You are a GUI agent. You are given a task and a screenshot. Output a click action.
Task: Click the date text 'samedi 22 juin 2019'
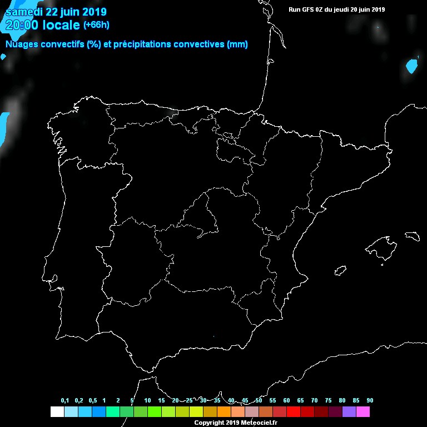56,12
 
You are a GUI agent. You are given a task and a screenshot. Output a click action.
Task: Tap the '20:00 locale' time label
42,24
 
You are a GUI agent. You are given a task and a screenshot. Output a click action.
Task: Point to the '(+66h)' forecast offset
96,24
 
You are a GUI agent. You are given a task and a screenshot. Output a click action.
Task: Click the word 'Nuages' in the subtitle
21,44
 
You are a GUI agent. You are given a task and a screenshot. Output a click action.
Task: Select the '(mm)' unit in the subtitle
237,44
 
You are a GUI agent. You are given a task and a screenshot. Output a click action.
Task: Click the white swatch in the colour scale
57,412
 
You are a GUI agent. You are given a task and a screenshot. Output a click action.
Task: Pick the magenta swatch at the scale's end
363,412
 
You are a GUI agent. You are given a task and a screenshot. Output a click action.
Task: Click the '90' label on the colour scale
370,401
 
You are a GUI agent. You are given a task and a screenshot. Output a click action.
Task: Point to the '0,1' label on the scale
65,401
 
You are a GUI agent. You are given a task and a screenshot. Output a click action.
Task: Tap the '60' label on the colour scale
286,401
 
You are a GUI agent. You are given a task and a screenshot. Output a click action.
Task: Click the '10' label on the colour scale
147,401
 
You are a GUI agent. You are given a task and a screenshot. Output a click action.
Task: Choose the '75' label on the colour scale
328,401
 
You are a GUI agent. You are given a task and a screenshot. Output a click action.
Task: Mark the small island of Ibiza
340,271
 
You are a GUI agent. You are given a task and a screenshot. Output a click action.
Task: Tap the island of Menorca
412,236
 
